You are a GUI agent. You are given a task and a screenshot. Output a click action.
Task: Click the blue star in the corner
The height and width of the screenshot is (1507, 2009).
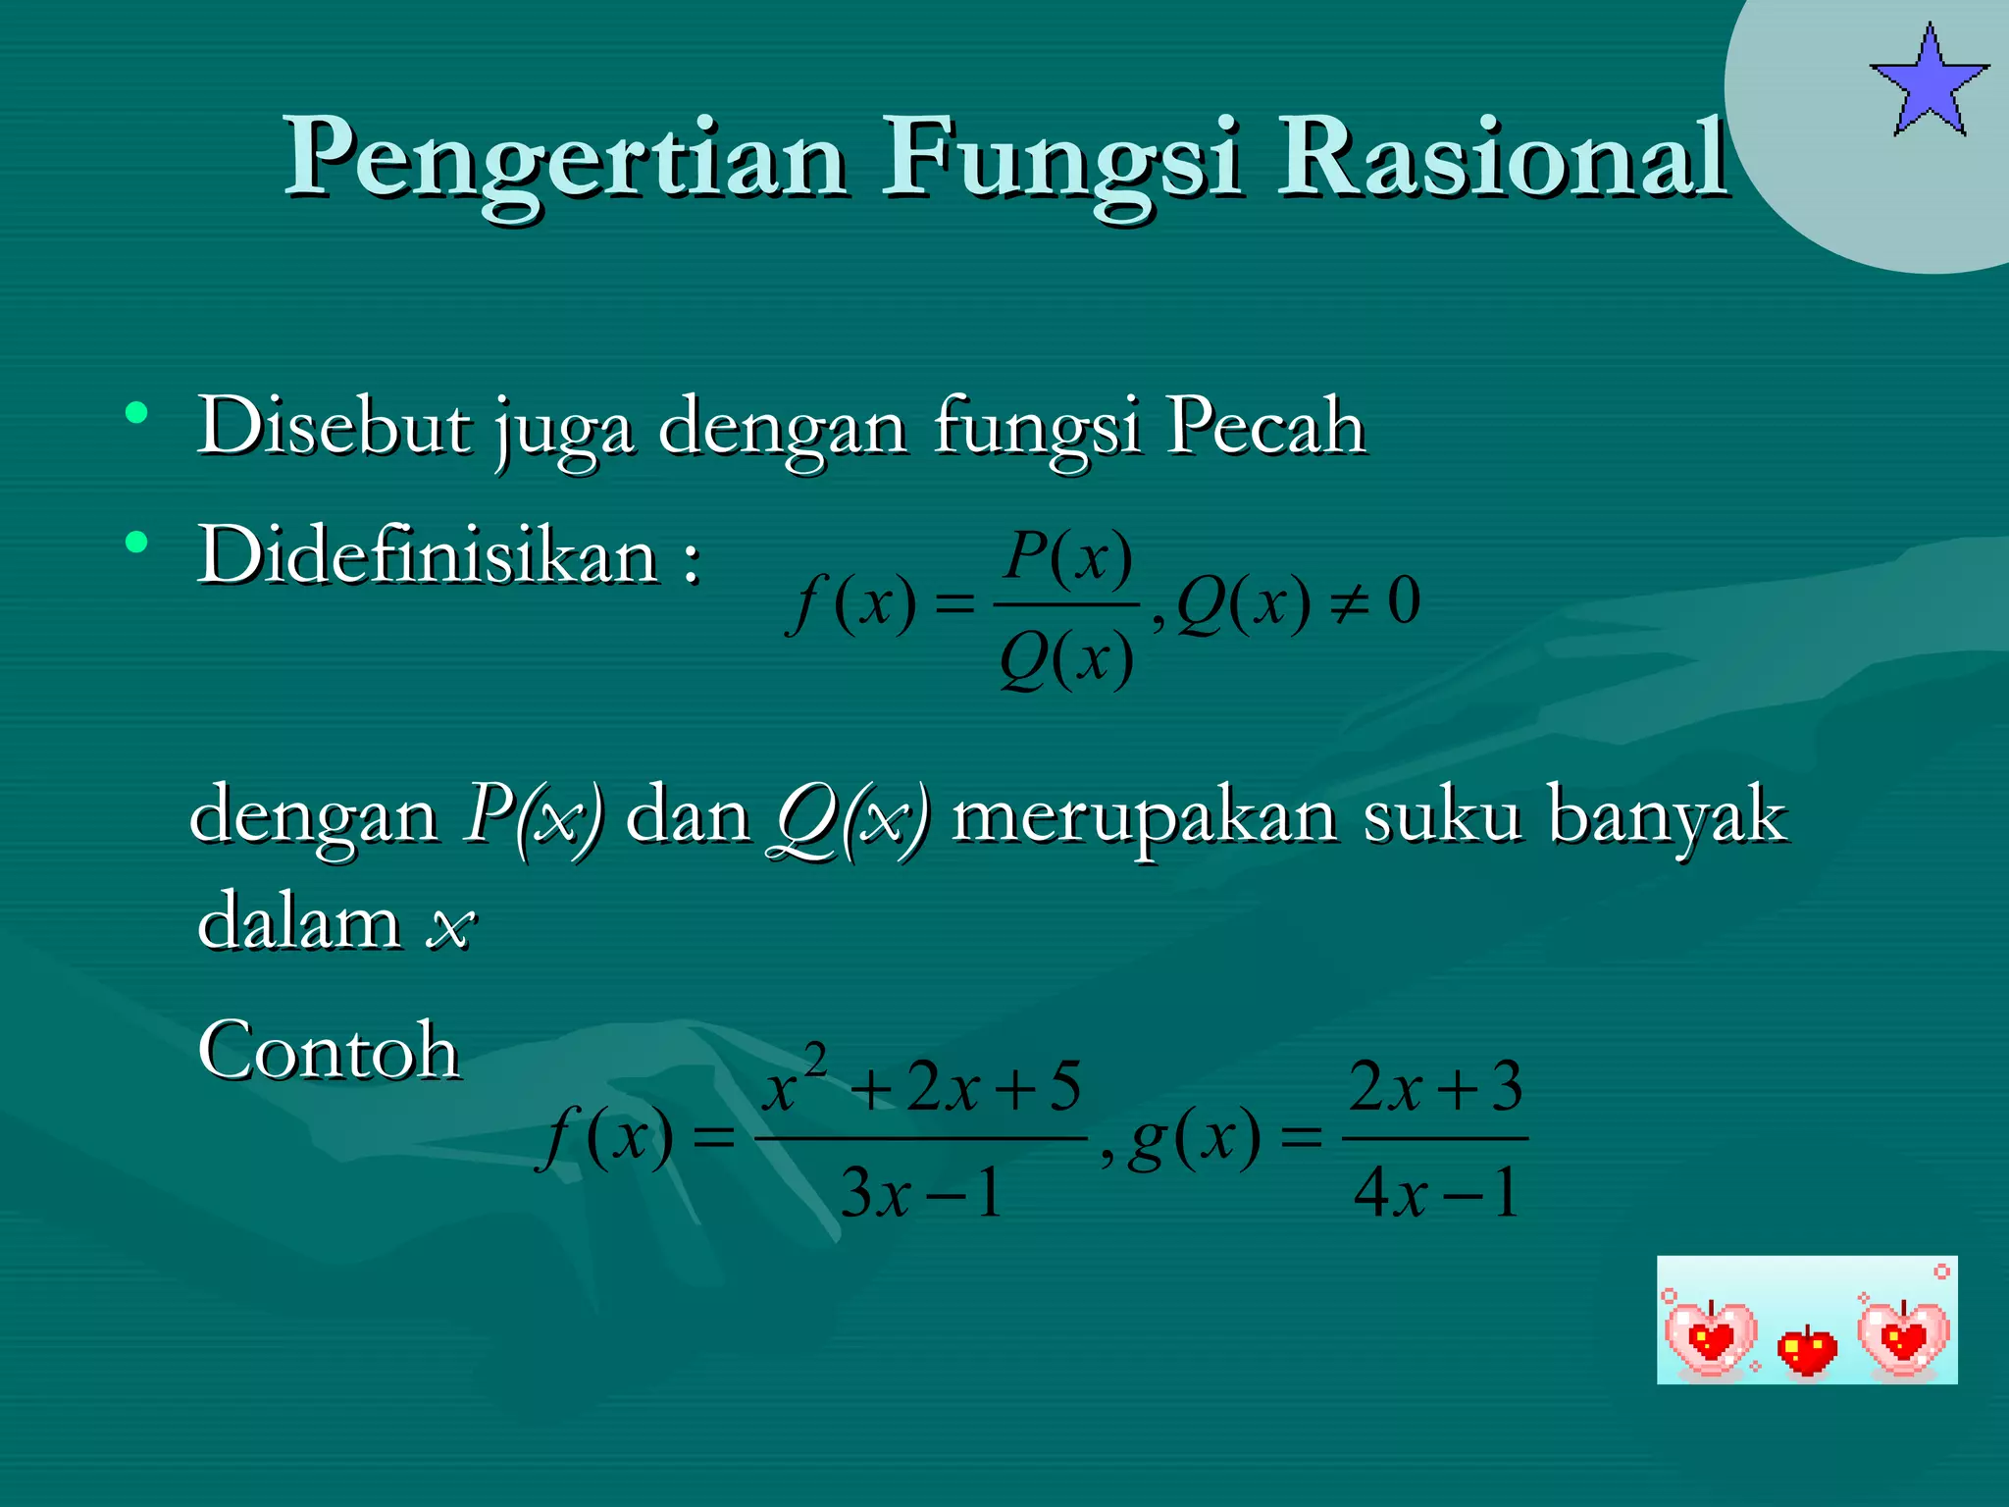point(1929,82)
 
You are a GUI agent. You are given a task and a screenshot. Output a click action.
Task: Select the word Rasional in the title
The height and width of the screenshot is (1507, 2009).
point(1501,157)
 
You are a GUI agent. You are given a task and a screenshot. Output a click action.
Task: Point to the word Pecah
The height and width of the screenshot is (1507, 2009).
point(1265,428)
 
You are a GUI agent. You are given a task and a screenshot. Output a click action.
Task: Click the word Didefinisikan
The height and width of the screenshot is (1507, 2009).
point(428,555)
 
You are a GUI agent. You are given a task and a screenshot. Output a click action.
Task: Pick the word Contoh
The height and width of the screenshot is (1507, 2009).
point(329,1050)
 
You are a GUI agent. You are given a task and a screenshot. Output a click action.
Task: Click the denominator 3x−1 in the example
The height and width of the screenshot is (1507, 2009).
point(922,1193)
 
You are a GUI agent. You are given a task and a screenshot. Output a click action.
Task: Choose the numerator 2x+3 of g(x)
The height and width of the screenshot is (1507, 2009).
point(1435,1087)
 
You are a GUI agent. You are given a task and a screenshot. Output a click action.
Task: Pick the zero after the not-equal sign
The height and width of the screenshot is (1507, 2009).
point(1404,601)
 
